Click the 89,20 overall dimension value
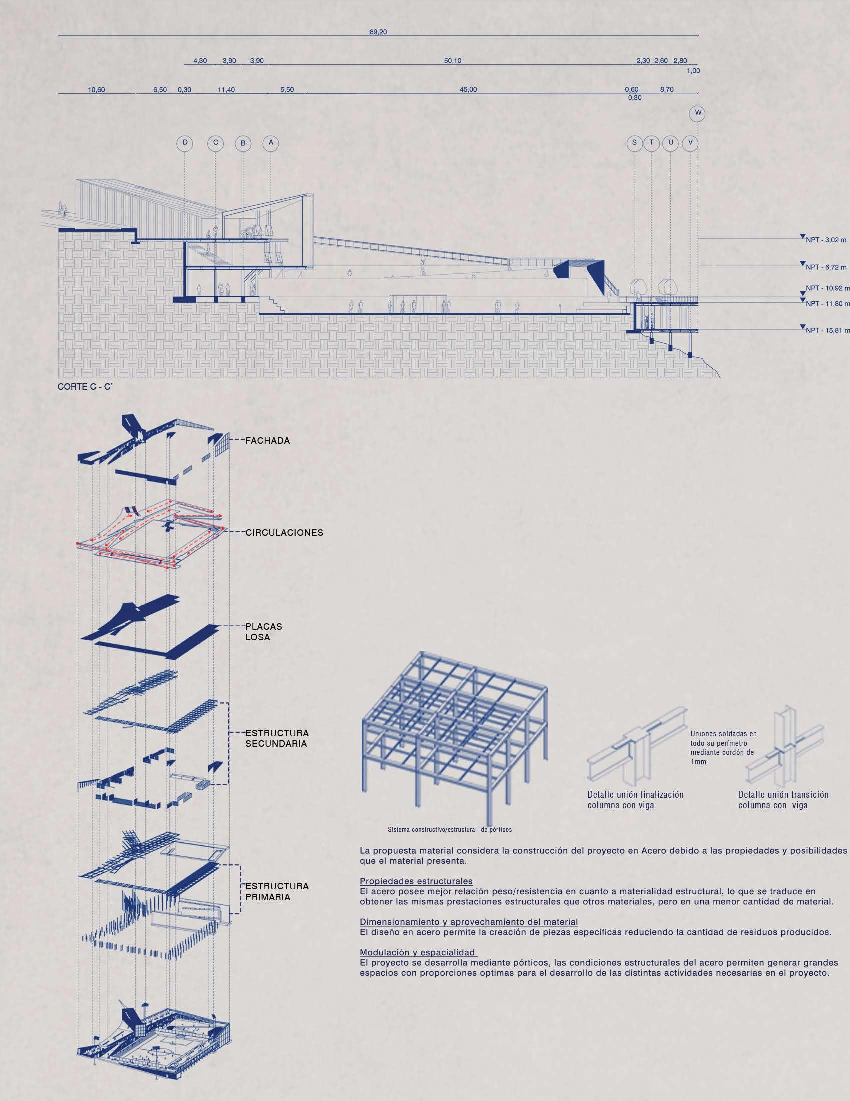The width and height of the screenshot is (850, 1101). pyautogui.click(x=379, y=32)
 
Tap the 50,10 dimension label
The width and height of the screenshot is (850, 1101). pyautogui.click(x=452, y=61)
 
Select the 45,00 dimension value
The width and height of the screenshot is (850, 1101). pyautogui.click(x=468, y=90)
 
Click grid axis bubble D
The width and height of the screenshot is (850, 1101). pyautogui.click(x=185, y=143)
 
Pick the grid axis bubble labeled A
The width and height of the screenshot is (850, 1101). pyautogui.click(x=271, y=143)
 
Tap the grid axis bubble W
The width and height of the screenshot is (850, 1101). pyautogui.click(x=697, y=113)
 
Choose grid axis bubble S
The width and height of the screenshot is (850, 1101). pyautogui.click(x=634, y=143)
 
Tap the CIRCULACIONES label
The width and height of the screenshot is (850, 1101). pyautogui.click(x=284, y=532)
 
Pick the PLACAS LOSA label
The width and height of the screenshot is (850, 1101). pyautogui.click(x=264, y=632)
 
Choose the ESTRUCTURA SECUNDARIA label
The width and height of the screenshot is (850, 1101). pyautogui.click(x=277, y=738)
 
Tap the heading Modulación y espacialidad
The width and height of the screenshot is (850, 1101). pyautogui.click(x=417, y=952)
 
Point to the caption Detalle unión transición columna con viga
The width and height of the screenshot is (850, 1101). pyautogui.click(x=783, y=800)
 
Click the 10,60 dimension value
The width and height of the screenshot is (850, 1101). pyautogui.click(x=97, y=90)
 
